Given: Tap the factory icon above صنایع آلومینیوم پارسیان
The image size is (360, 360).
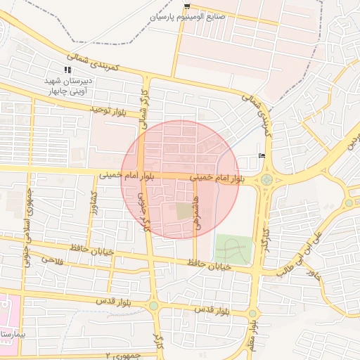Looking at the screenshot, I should coord(186,6).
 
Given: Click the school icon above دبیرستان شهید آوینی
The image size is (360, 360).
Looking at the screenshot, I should coord(67,70).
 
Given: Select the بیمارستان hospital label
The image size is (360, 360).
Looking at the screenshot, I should coord(10,333).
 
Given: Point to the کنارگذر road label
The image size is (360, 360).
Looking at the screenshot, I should coord(266,239).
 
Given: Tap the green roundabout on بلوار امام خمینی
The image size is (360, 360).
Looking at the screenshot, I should coord(266,180).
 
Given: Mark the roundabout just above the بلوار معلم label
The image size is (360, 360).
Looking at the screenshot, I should coord(252,313).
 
